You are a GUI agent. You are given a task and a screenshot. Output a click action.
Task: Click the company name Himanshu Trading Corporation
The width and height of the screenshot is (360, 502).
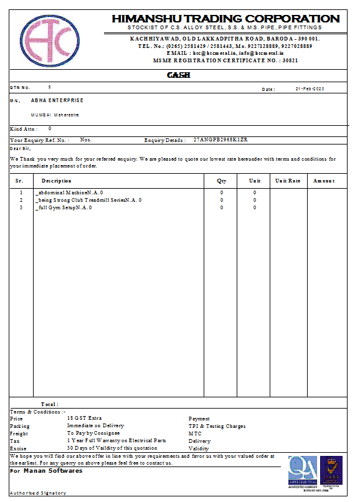(x=225, y=19)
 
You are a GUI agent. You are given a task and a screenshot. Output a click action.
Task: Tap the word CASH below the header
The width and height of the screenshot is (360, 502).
(x=179, y=75)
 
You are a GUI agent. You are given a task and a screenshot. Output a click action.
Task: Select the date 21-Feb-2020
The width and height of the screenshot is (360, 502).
(x=310, y=89)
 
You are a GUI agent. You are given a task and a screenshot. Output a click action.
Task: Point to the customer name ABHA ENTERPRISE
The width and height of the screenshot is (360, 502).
(x=57, y=100)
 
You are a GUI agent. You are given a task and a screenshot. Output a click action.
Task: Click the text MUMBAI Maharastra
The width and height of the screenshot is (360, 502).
(x=55, y=115)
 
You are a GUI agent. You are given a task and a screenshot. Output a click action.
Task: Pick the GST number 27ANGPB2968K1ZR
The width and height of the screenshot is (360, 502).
(x=220, y=140)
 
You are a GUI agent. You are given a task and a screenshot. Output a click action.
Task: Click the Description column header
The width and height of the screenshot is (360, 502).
(x=57, y=181)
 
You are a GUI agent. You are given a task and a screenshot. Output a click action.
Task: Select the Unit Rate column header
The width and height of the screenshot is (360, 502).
(x=288, y=181)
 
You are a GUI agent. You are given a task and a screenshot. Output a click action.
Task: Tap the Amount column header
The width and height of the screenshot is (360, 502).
(x=324, y=181)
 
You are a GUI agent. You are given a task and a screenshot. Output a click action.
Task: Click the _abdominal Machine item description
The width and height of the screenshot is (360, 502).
(x=70, y=192)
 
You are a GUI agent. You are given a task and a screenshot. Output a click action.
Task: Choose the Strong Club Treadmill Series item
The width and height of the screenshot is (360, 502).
(x=88, y=200)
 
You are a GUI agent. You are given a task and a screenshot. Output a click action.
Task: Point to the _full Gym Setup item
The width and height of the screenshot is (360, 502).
(x=64, y=207)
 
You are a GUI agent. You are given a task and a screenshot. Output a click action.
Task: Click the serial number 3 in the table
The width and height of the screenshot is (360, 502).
(x=21, y=207)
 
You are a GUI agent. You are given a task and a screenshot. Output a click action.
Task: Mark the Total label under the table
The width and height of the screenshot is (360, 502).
(x=49, y=404)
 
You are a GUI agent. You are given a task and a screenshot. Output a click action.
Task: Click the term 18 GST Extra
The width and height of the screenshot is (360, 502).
(x=84, y=419)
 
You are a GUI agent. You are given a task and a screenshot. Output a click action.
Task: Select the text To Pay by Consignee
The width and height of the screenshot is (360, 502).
(x=93, y=433)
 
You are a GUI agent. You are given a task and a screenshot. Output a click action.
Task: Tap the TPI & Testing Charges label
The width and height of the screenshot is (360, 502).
(x=217, y=427)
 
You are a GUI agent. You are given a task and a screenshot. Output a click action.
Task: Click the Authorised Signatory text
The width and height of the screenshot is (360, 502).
(x=38, y=493)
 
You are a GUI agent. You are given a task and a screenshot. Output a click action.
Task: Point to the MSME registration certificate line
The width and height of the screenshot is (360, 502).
(x=225, y=60)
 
